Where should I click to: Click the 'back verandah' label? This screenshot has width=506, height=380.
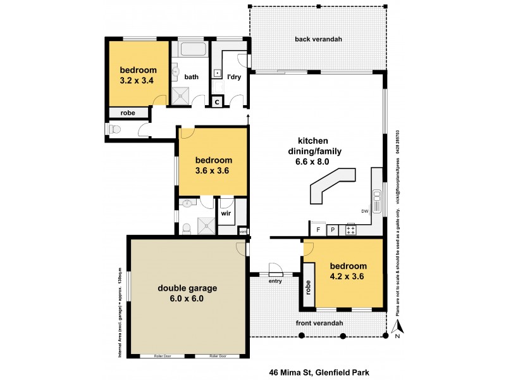[x=318, y=39]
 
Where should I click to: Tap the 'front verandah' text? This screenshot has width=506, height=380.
[x=319, y=324]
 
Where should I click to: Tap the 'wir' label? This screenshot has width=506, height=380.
[x=225, y=213]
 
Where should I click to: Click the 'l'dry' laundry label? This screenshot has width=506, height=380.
[x=233, y=77]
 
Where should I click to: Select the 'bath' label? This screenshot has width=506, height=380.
[x=192, y=77]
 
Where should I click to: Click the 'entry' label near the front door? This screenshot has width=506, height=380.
[x=275, y=280]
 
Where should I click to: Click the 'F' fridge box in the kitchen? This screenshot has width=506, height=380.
[x=318, y=229]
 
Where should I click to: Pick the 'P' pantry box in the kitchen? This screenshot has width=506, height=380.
[x=333, y=229]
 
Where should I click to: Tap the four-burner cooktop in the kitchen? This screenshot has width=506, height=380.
[x=350, y=229]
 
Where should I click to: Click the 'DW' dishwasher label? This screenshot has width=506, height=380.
[x=364, y=211]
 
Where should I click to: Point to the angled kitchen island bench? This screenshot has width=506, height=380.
[x=331, y=186]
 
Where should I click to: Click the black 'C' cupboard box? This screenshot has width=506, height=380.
[x=216, y=101]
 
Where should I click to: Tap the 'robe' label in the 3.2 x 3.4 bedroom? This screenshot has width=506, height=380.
[x=128, y=113]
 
